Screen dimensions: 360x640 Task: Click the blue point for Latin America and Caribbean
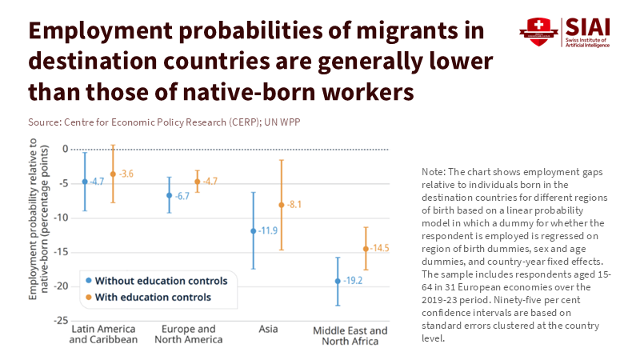(85, 182)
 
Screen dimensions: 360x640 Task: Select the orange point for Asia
(282, 205)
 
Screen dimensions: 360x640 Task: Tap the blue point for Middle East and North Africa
(338, 281)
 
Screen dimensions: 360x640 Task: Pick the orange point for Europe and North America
(197, 182)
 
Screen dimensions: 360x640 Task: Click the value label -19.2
(354, 281)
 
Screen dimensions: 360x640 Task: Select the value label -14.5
(379, 249)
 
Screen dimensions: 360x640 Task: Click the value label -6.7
(183, 195)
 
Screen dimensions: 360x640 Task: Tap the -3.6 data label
(126, 174)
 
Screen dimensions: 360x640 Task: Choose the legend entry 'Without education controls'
(161, 281)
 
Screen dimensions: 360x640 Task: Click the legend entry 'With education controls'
(152, 297)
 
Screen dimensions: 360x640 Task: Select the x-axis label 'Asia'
(269, 329)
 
